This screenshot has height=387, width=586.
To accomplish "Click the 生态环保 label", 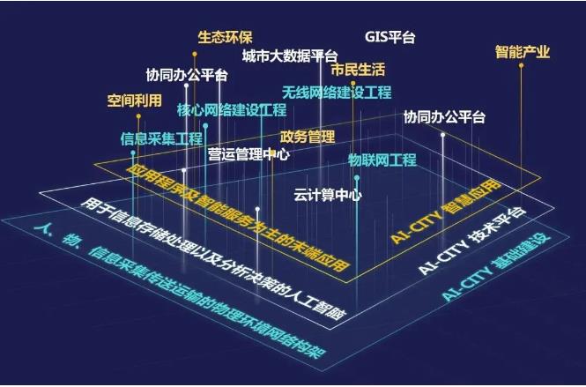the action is pos(225,37).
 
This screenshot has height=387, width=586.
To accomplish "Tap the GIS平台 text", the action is pos(389,37).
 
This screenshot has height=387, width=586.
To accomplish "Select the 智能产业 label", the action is pos(523,52).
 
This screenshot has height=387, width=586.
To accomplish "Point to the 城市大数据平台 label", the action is pos(290,56).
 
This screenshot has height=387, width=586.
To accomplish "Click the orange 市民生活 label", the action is pos(358,70).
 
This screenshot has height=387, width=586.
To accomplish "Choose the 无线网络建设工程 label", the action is pos(337,93).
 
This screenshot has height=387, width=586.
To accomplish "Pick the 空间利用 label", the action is pos(135,100).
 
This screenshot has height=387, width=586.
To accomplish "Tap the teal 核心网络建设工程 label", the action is pos(232,110).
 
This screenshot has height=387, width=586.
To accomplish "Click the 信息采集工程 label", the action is pos(161,138).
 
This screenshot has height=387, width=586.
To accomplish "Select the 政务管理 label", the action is pos(308,137).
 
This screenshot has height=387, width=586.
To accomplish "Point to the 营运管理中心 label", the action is pos(248,154).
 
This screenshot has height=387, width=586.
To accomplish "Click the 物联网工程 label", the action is pos(382,160).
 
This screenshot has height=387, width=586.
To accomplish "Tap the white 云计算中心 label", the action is pos(328,195).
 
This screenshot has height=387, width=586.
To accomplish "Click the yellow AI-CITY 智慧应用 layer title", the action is pos(446,212).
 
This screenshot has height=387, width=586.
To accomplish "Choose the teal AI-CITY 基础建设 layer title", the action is pos(496,267).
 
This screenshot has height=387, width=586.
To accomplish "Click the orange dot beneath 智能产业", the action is pos(521,65).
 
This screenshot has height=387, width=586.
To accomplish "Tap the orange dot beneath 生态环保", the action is pos(195,55).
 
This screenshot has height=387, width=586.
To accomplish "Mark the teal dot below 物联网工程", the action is pos(357,177).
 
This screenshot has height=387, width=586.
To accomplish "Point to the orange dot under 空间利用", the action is pos(138,116).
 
